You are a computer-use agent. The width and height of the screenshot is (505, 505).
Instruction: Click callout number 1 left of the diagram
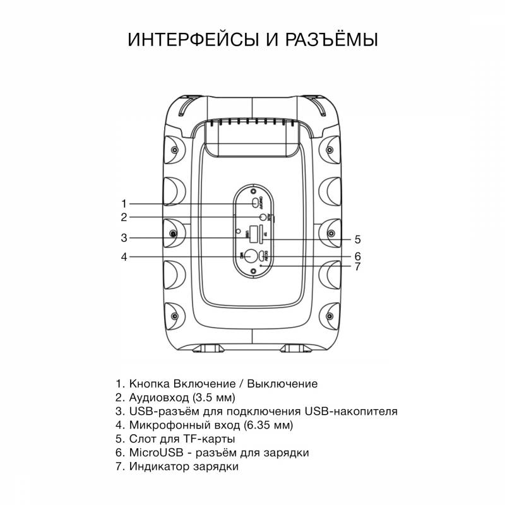click(x=124, y=203)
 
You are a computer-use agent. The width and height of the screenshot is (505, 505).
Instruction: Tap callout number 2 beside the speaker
click(x=124, y=217)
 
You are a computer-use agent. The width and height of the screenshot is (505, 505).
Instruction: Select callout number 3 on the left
click(x=124, y=238)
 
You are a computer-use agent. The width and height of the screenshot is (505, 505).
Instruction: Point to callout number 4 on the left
click(x=124, y=257)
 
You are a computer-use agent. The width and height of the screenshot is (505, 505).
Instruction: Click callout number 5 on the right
click(x=357, y=239)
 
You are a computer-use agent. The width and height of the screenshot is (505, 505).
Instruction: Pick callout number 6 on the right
click(x=357, y=256)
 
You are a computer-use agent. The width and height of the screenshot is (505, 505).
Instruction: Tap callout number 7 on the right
click(x=357, y=266)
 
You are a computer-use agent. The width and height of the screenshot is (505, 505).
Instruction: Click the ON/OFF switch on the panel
click(x=255, y=203)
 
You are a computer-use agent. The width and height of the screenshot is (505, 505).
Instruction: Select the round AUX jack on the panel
click(x=256, y=217)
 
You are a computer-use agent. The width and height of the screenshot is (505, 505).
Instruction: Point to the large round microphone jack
click(x=252, y=256)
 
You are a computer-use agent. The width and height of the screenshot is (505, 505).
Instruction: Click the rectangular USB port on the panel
click(x=254, y=234)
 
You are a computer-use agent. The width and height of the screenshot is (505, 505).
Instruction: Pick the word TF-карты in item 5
click(x=215, y=439)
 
